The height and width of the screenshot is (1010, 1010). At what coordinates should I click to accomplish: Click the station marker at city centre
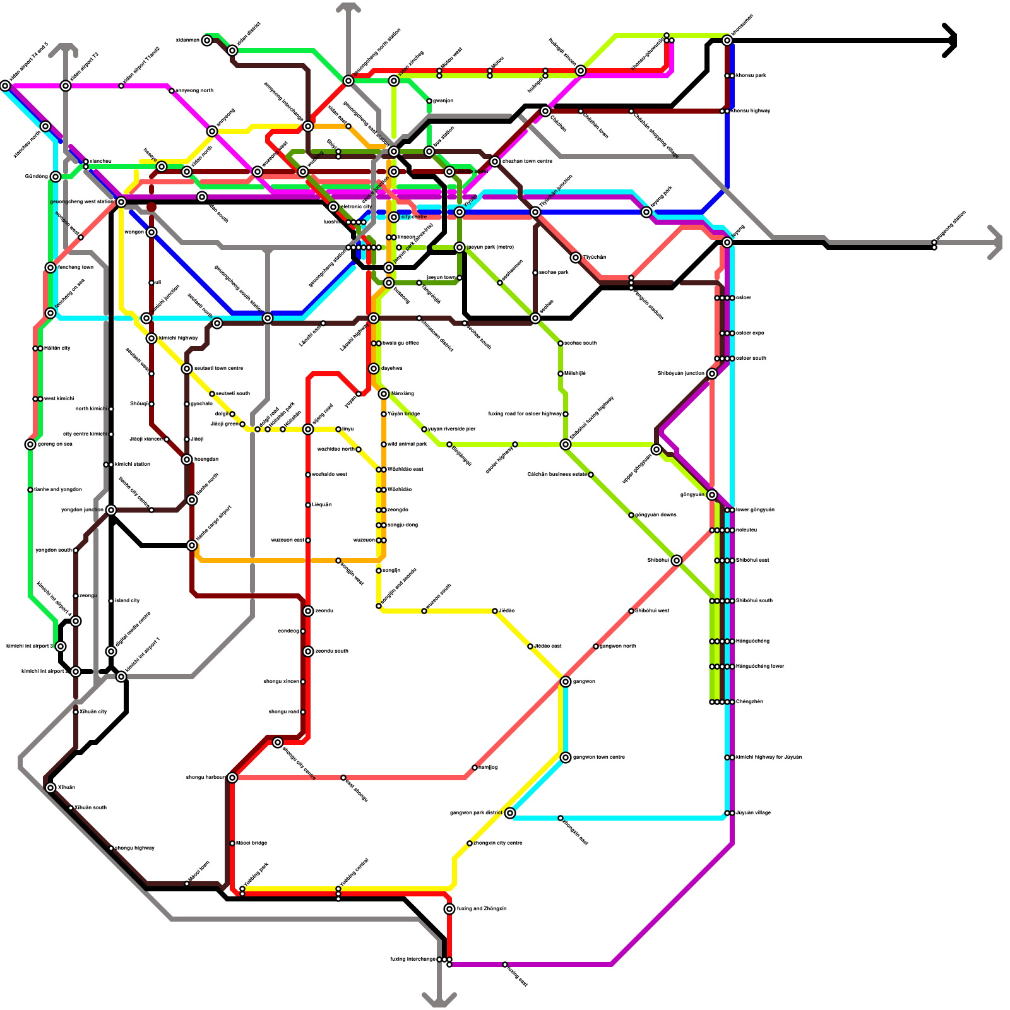click(x=394, y=217)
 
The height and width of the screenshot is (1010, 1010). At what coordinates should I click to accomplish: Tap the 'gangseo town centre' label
click(x=599, y=757)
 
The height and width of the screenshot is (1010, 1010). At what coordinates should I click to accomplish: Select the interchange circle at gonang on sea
click(x=30, y=444)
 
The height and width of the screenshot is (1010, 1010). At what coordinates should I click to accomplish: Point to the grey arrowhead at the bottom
click(x=439, y=1001)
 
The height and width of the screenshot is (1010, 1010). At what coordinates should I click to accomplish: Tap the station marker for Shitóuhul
click(x=677, y=561)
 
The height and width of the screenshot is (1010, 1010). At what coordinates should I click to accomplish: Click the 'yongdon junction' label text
click(x=82, y=509)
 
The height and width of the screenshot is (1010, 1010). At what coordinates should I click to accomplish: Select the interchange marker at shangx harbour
click(x=232, y=778)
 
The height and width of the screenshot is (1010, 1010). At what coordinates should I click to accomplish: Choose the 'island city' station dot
click(x=111, y=601)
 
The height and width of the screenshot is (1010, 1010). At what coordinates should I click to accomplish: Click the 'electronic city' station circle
click(x=333, y=207)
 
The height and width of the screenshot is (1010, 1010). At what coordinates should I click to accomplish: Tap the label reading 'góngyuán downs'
click(x=656, y=514)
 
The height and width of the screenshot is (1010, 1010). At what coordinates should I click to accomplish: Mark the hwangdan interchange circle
click(x=187, y=460)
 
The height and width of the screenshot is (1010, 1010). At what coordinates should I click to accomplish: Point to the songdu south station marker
click(x=308, y=651)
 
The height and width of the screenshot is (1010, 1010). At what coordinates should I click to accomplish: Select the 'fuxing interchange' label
click(x=413, y=959)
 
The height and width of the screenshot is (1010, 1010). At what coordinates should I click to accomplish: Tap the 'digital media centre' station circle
click(x=111, y=651)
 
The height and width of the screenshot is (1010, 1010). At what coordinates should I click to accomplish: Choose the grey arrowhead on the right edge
click(x=996, y=242)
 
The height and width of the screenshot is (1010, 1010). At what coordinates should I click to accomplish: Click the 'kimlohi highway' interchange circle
click(x=151, y=338)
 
